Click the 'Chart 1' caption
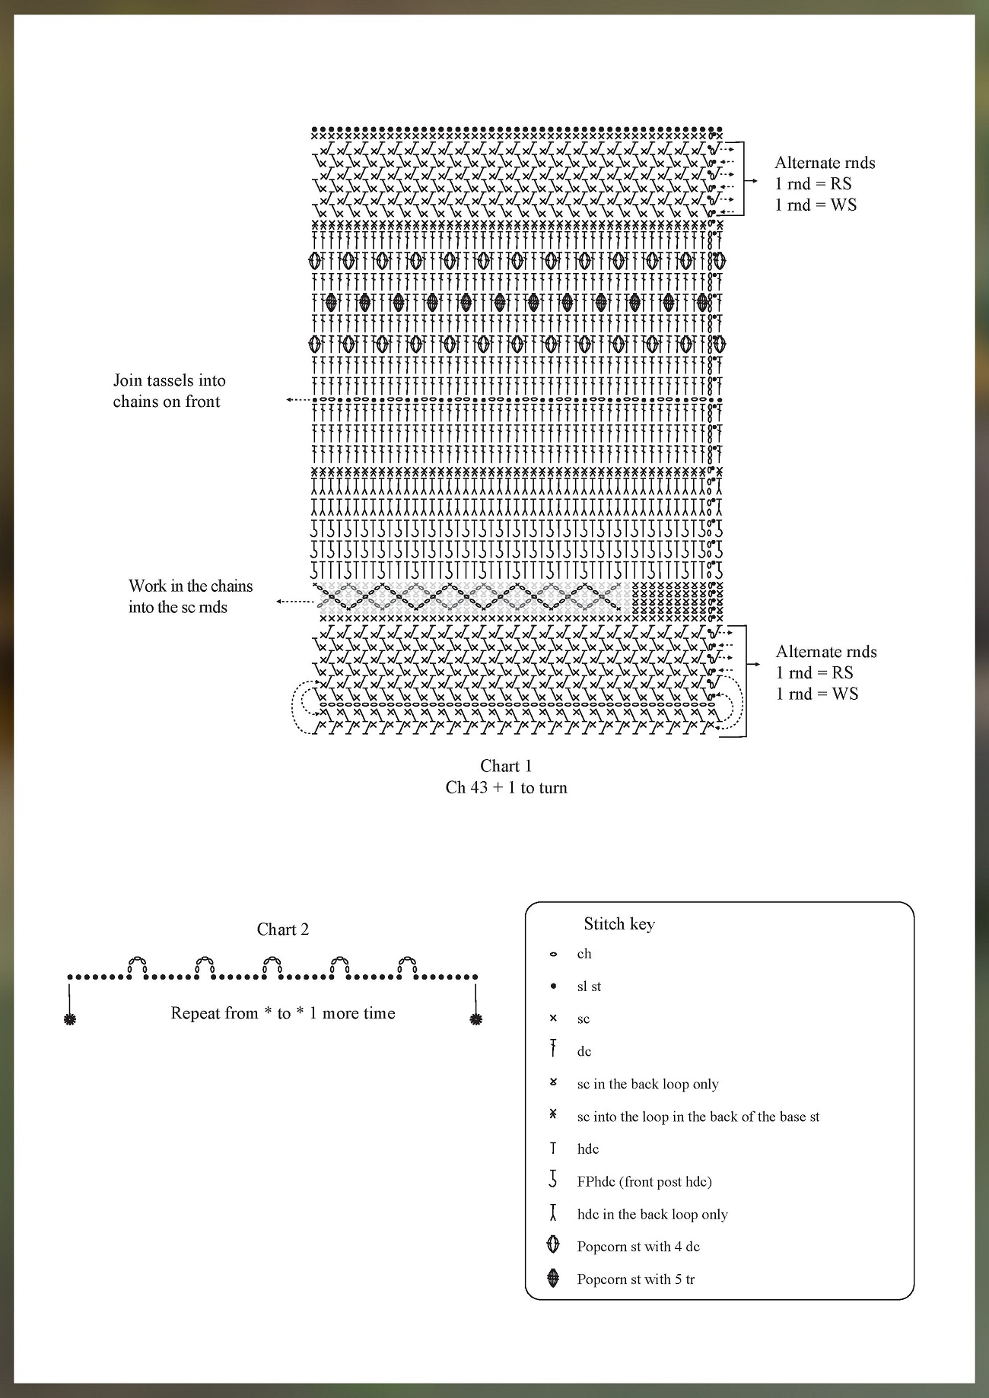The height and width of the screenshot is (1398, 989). (506, 766)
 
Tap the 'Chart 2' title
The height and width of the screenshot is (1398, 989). (283, 929)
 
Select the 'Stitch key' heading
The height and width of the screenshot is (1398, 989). (619, 924)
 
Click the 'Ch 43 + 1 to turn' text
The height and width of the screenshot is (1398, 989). (506, 787)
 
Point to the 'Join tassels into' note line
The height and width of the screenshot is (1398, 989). (169, 380)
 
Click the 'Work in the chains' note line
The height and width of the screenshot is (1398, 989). (190, 586)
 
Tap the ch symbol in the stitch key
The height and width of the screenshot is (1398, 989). (553, 955)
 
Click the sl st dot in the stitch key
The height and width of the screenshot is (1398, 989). (553, 987)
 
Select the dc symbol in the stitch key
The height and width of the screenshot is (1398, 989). (553, 1050)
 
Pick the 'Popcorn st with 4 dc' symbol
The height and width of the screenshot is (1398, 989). (553, 1245)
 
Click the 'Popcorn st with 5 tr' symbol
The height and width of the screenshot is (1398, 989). (553, 1278)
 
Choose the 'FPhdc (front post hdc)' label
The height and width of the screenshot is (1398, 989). (644, 1181)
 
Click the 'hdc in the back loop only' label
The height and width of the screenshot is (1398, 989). (652, 1214)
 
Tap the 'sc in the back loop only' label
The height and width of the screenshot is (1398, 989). (647, 1084)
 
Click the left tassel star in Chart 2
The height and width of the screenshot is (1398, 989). (70, 1019)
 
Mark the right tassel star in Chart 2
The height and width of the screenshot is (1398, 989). (476, 1019)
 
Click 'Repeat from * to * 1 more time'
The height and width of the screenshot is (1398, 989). (283, 1013)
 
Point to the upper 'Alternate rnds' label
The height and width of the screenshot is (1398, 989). (825, 163)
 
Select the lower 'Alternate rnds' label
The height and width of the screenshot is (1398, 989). (826, 652)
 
